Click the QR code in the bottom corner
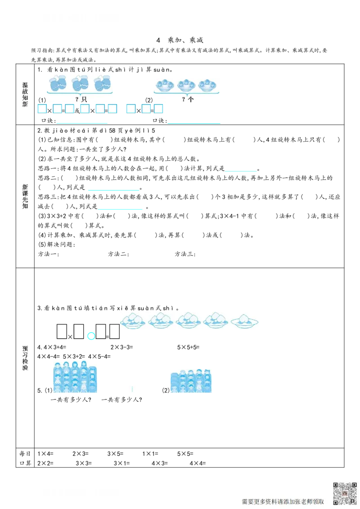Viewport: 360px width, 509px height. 345,493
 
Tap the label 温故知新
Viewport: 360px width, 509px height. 25,94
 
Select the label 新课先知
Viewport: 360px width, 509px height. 25,196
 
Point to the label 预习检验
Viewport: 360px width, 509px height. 25,358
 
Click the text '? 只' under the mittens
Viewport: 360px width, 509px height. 81,99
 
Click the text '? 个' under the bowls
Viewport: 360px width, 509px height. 187,99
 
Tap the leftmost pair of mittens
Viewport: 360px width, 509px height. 58,83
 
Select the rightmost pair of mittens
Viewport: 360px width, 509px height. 103,83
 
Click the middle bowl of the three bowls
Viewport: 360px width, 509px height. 186,85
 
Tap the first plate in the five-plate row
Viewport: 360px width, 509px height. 133,320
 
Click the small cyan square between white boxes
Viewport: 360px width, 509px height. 90,336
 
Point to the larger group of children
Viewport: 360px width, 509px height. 75,378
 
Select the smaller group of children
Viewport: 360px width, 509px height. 191,381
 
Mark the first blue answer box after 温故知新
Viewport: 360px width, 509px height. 42,109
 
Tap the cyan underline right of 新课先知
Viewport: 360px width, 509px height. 113,191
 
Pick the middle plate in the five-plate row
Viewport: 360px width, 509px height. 189,320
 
